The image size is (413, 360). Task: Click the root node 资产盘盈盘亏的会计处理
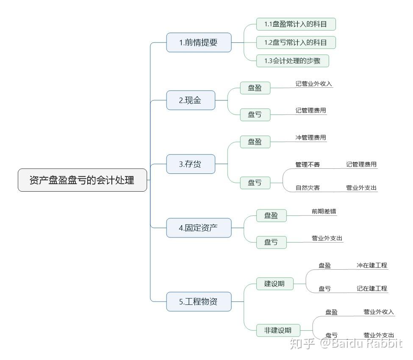coord(82,180)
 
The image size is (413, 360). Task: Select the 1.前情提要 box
coord(199,42)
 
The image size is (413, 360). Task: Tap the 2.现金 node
coord(190,100)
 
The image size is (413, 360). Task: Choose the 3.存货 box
coord(190,164)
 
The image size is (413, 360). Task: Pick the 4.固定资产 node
coord(199,228)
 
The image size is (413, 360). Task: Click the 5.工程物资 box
coord(199,301)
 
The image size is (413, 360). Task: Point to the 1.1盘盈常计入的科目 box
coord(296,24)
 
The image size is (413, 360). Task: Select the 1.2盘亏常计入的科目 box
coord(296,42)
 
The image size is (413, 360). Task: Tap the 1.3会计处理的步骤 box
coord(292,61)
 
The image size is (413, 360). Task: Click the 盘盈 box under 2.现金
coord(255,88)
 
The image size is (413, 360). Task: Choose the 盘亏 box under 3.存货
coord(255,183)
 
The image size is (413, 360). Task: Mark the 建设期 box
coord(274,284)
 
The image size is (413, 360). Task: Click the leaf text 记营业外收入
coord(314,84)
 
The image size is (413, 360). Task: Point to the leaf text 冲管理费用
coord(311,137)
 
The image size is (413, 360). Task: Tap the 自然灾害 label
coord(308,188)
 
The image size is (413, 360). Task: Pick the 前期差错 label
coord(324,211)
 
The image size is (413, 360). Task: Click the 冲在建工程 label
coord(371,265)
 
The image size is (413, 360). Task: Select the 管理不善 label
coord(308,165)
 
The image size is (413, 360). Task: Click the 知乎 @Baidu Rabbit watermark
coord(345,343)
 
